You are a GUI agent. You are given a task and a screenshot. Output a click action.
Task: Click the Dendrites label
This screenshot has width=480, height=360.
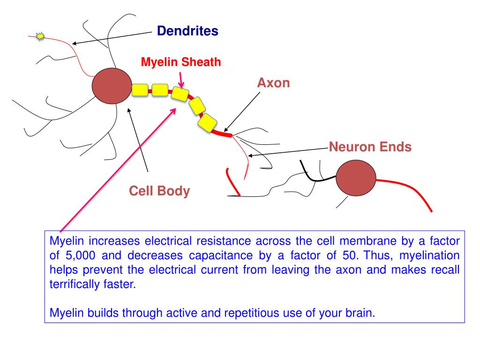[x=187, y=31]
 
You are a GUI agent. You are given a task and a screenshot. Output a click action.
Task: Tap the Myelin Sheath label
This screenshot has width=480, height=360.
[x=181, y=62]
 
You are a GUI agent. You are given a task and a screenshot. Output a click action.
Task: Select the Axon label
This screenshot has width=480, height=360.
[x=273, y=83]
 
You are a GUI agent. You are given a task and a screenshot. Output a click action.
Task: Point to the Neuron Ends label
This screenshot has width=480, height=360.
[x=370, y=147]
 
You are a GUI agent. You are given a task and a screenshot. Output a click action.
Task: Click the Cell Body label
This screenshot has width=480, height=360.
[x=159, y=191]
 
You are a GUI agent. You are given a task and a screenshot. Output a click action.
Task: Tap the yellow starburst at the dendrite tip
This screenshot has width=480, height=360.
[x=40, y=37]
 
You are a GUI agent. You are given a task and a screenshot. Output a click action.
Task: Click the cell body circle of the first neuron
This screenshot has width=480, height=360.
[x=112, y=86]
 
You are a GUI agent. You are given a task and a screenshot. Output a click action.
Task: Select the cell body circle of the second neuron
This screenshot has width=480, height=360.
[x=356, y=178]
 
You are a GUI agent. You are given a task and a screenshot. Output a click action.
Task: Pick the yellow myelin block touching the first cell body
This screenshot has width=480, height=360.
[x=140, y=90]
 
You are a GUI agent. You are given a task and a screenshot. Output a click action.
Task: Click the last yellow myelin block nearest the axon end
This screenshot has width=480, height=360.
[x=207, y=123]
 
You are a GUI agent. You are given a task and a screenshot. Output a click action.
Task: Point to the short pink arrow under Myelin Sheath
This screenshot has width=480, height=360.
[x=181, y=80]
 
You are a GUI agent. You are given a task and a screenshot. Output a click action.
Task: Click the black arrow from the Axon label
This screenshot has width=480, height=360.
[x=242, y=112]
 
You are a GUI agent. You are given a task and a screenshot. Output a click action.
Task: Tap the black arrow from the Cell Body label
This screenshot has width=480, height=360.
[x=138, y=140]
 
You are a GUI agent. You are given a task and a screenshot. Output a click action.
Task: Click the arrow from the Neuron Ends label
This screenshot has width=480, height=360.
[x=288, y=152]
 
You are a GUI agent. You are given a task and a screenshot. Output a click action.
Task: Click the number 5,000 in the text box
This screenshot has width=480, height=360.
[x=81, y=255]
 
